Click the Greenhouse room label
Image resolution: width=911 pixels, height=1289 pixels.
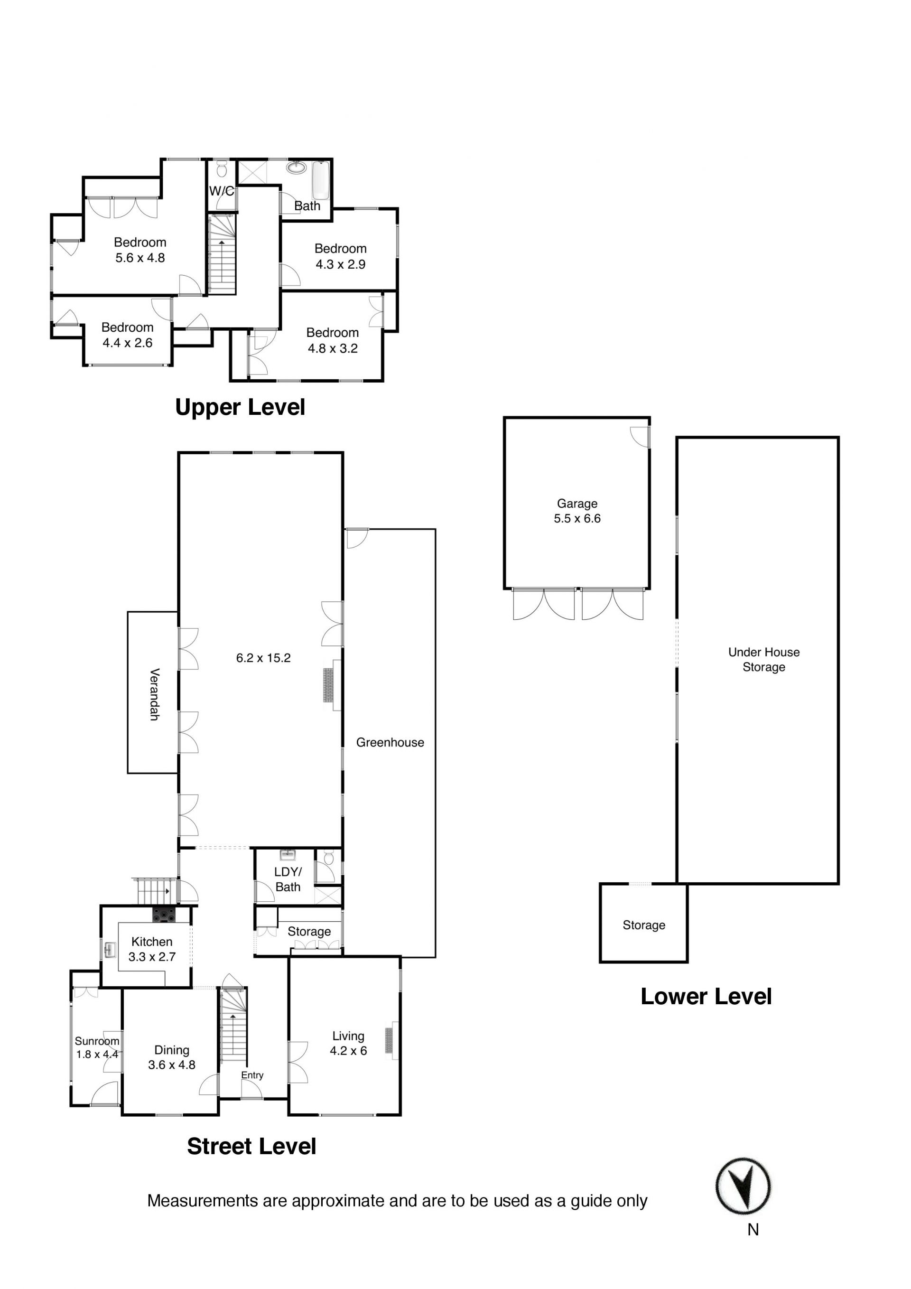coord(390,743)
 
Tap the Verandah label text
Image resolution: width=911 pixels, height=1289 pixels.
coord(154,694)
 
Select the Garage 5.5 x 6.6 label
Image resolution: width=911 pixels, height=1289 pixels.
coord(577,511)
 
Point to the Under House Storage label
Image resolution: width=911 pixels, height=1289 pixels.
coord(764,660)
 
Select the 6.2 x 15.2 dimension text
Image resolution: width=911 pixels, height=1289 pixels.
coord(263,658)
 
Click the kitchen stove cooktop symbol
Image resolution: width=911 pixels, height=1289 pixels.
coord(164,915)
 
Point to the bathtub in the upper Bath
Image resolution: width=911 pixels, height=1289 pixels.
coord(320,180)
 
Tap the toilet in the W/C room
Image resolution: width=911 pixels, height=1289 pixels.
coord(222,168)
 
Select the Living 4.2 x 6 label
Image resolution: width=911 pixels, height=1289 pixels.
coord(348,1043)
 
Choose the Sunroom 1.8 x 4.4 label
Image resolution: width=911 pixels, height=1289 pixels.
coord(97,1047)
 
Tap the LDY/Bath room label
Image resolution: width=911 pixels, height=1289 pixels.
coord(288,879)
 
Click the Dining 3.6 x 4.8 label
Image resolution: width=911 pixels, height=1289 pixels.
coord(172,1057)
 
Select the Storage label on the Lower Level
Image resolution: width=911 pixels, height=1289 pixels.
coord(644,925)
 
